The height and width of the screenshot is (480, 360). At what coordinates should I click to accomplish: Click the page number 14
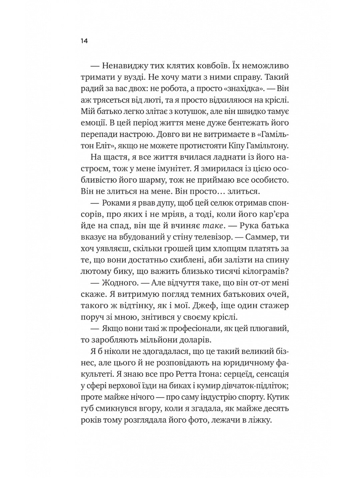[x=84, y=41]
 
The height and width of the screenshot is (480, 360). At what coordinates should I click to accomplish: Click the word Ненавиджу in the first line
[x=125, y=65]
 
